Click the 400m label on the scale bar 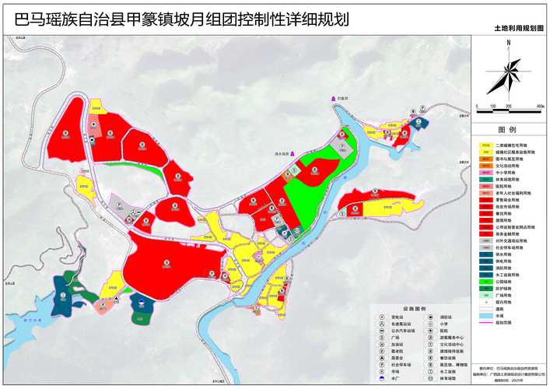point(541,105)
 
